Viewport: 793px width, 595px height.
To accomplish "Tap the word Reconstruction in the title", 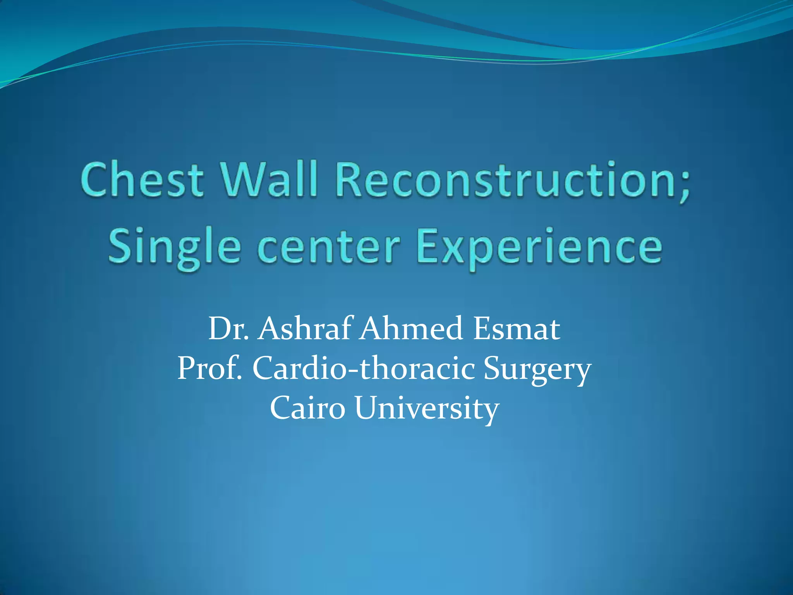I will coord(503,180).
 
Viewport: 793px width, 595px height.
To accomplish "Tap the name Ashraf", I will coord(306,329).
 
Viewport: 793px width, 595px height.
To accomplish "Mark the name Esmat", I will coord(517,329).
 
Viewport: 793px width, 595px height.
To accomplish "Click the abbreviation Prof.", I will coord(209,368).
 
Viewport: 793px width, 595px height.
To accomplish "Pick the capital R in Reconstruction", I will coord(350,180).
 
